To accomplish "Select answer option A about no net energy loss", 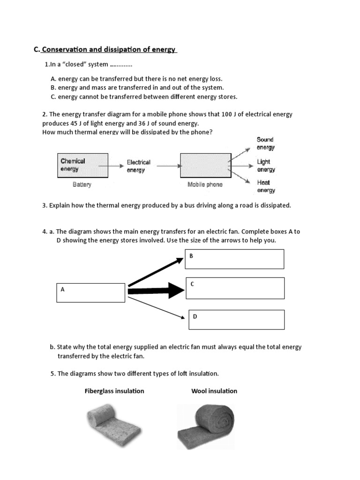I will (x=136, y=79).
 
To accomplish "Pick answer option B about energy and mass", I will (x=137, y=88).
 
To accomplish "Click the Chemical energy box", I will (x=82, y=165).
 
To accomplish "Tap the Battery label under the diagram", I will (x=82, y=185).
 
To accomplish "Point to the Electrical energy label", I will (x=138, y=166).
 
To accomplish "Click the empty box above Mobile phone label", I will (x=205, y=165).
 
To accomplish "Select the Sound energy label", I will (x=265, y=143).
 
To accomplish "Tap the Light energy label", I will (x=265, y=165).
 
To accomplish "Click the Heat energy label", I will (x=265, y=186).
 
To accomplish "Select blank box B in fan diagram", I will (x=234, y=259).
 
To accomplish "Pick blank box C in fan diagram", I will (x=235, y=288).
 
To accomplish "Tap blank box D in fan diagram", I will (x=236, y=319).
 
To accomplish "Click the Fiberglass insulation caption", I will (x=114, y=391).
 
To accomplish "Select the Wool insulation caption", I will (x=214, y=391).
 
